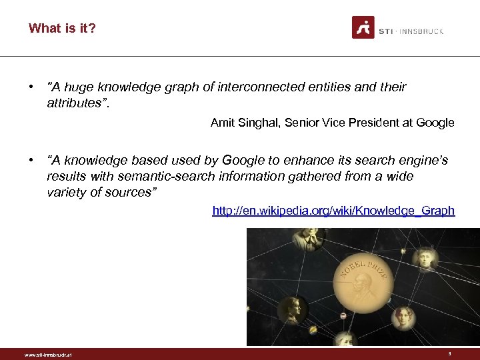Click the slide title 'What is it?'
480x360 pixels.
coord(62,28)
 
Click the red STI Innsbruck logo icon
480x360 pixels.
coord(363,27)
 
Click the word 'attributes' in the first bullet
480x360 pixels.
coord(74,103)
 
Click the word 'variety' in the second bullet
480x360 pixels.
coord(66,192)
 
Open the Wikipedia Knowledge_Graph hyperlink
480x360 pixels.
coord(333,211)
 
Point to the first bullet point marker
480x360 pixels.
coord(31,87)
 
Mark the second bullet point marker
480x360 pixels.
coord(31,161)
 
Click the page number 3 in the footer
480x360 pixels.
coord(450,354)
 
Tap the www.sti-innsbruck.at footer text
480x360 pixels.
coord(47,355)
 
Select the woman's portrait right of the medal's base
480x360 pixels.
coord(402,317)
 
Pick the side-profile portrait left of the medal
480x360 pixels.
coord(291,309)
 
